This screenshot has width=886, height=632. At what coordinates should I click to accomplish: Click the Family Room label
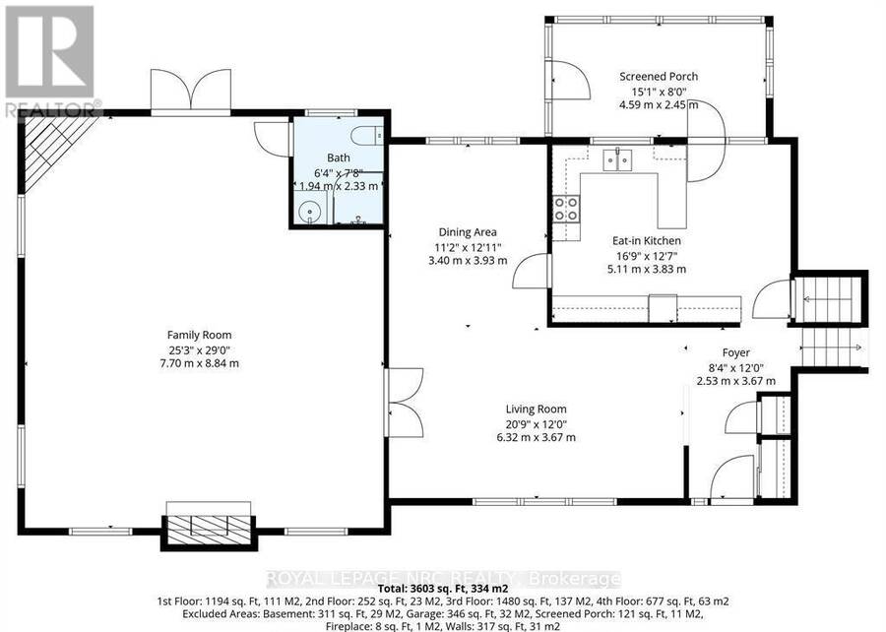(199, 335)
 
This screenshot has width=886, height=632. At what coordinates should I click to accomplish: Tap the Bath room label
(339, 158)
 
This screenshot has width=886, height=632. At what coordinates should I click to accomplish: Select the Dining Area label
(468, 232)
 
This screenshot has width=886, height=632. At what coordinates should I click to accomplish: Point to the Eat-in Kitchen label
(647, 240)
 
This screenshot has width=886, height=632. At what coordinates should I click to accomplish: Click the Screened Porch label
(659, 76)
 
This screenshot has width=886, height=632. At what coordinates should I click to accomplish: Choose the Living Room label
(536, 409)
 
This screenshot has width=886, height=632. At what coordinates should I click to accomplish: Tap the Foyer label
(735, 353)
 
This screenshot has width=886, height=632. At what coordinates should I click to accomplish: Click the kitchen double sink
(617, 159)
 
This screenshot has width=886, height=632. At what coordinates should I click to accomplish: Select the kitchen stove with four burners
(566, 209)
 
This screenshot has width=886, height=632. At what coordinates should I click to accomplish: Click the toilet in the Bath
(367, 136)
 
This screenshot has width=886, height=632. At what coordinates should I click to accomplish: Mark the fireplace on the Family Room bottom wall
(209, 526)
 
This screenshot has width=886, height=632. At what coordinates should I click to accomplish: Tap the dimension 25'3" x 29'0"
(199, 349)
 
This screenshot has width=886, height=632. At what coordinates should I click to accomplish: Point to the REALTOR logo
(50, 60)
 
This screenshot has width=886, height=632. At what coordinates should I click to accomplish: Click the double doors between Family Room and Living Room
(404, 402)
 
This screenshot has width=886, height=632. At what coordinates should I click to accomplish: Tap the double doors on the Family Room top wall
(191, 91)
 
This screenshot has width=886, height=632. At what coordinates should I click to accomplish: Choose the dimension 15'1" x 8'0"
(659, 91)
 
